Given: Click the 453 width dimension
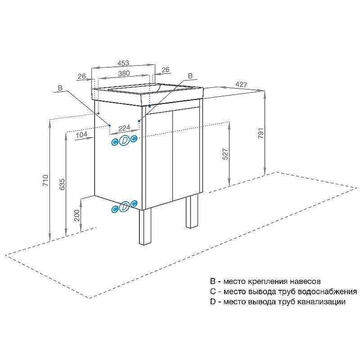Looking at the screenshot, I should click(x=123, y=63).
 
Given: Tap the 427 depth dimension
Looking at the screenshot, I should click(x=242, y=84).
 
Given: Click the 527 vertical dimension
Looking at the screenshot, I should click(x=226, y=154).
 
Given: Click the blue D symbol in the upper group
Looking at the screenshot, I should click(x=125, y=140).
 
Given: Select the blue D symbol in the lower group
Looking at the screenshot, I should click(x=125, y=207).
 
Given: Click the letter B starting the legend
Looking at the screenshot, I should click(x=212, y=282).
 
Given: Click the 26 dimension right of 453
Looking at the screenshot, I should click(x=165, y=70).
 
